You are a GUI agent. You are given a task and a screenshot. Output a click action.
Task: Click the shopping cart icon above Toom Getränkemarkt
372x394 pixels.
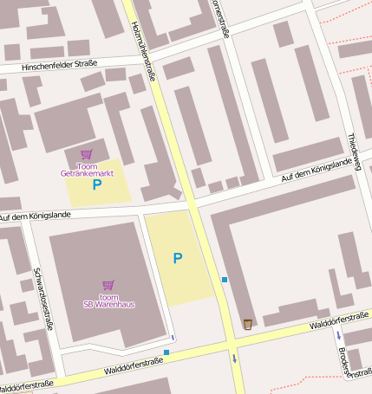pyautogui.click(x=86, y=154)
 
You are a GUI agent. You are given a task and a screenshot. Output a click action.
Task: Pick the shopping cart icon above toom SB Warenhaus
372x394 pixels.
pyautogui.click(x=108, y=284)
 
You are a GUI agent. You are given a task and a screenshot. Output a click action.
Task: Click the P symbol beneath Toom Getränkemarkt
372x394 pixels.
pyautogui.click(x=97, y=184)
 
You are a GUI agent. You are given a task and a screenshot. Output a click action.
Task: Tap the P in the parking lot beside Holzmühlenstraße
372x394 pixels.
pyautogui.click(x=177, y=258)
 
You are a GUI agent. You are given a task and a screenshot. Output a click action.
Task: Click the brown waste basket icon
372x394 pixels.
pyautogui.click(x=247, y=324)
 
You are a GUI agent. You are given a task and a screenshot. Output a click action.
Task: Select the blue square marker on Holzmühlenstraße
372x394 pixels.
pyautogui.click(x=224, y=279)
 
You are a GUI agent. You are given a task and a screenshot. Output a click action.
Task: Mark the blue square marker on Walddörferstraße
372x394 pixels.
pyautogui.click(x=166, y=352)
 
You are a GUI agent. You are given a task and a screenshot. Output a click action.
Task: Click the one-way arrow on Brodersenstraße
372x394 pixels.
pyautogui.click(x=338, y=334)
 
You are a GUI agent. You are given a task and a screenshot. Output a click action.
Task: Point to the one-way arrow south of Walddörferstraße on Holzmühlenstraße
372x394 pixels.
pyautogui.click(x=233, y=357)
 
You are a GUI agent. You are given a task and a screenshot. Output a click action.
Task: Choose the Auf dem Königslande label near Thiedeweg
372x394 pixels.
pyautogui.click(x=316, y=170)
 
